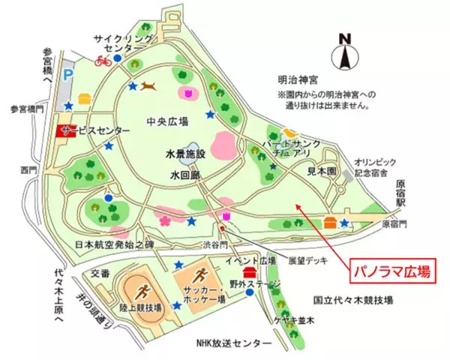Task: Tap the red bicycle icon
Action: (103, 61)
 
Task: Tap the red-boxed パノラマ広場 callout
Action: (391, 271)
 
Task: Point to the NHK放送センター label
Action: (229, 342)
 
